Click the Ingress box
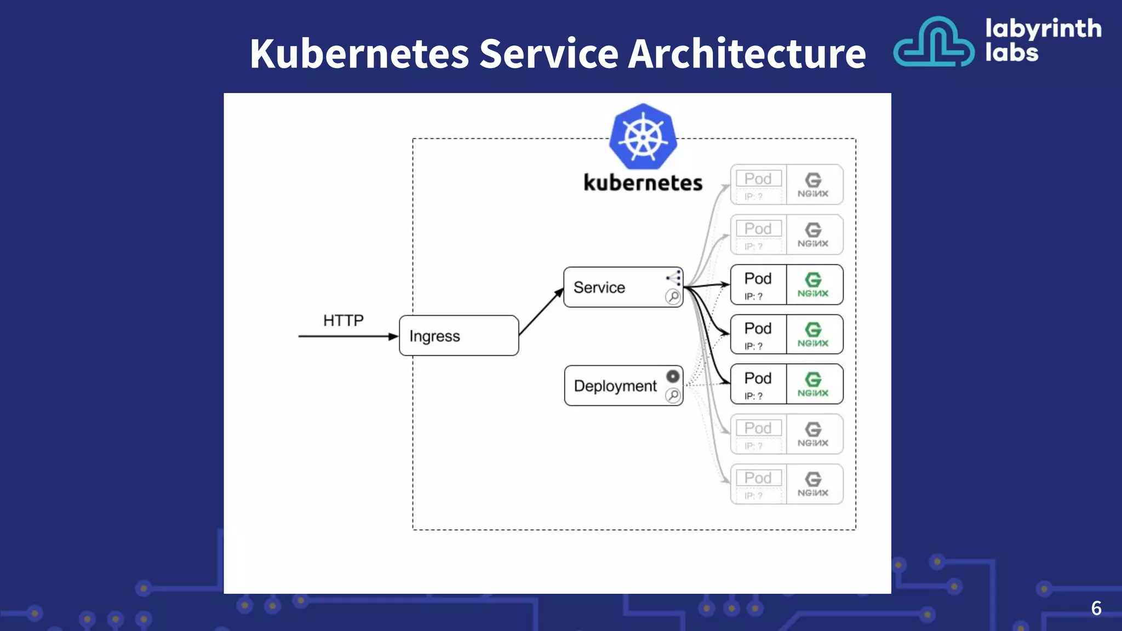pyautogui.click(x=459, y=336)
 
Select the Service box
pyautogui.click(x=614, y=288)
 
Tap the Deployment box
pyautogui.click(x=615, y=386)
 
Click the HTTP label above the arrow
pyautogui.click(x=343, y=320)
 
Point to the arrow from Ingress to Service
pyautogui.click(x=541, y=312)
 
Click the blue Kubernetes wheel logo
pyautogui.click(x=643, y=136)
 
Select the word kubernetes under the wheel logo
pyautogui.click(x=643, y=183)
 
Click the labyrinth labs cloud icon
pyautogui.click(x=934, y=43)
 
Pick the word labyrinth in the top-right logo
pyautogui.click(x=1043, y=28)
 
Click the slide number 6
pyautogui.click(x=1096, y=608)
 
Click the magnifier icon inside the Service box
pyautogui.click(x=673, y=297)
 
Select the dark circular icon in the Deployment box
pyautogui.click(x=673, y=376)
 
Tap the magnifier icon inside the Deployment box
pyautogui.click(x=673, y=395)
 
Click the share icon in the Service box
pyautogui.click(x=674, y=278)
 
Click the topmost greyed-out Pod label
pyautogui.click(x=758, y=179)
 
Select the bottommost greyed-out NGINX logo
pyautogui.click(x=813, y=484)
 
